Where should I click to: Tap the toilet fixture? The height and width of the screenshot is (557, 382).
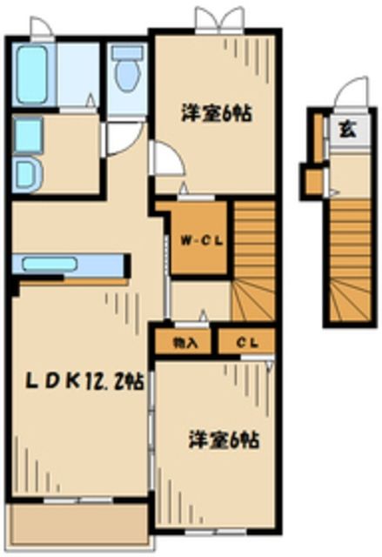click(127, 71)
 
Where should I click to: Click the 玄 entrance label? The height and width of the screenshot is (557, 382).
click(346, 131)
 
